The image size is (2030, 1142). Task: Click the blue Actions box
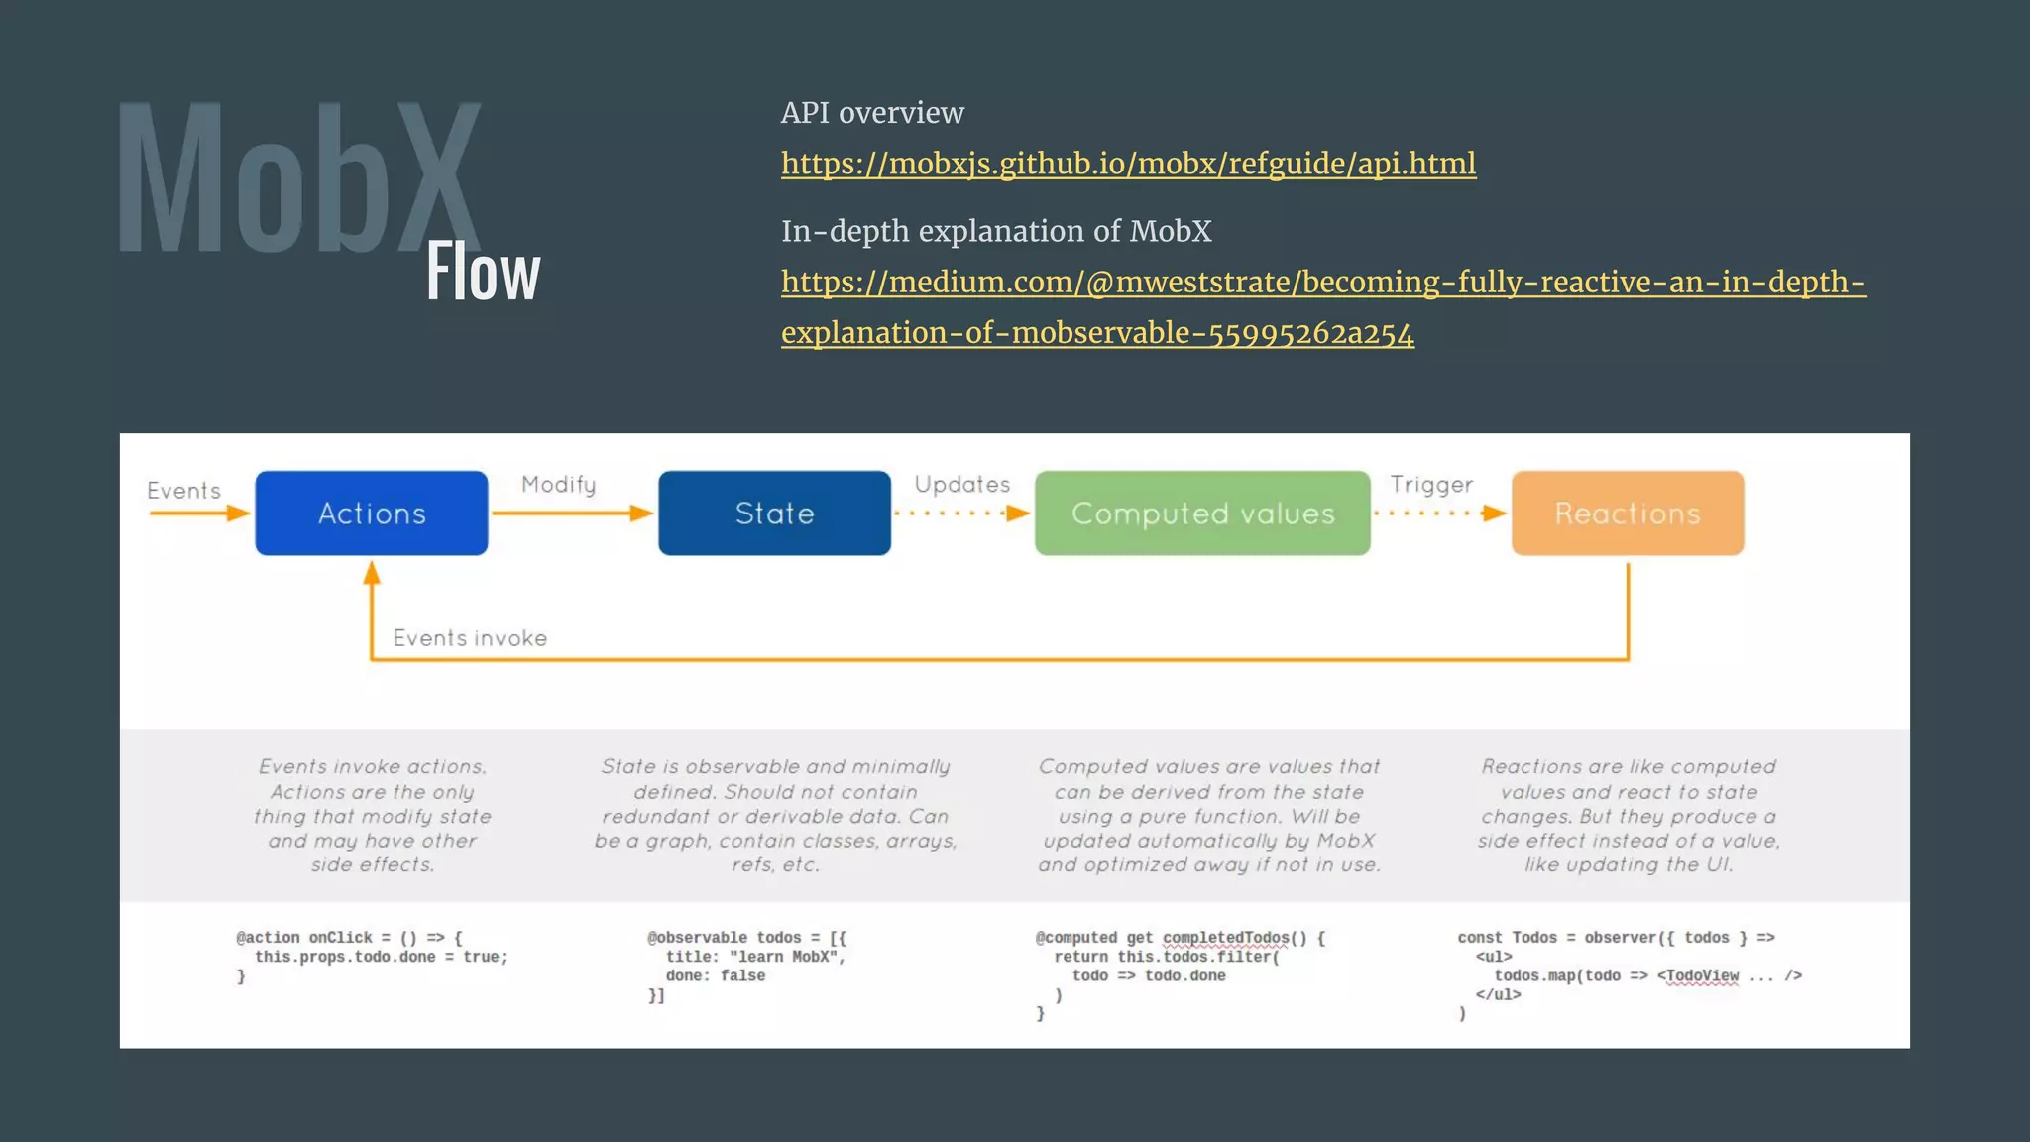(x=372, y=514)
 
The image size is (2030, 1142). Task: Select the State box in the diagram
(x=774, y=514)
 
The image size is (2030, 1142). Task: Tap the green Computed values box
(x=1202, y=514)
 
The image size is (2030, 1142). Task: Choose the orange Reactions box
(x=1628, y=514)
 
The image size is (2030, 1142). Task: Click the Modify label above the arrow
(x=559, y=485)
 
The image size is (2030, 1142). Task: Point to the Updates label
(x=961, y=485)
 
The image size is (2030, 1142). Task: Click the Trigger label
(x=1431, y=485)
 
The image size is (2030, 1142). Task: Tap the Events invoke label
(x=470, y=638)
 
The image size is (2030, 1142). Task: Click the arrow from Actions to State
(x=572, y=514)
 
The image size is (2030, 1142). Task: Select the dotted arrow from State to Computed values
(x=961, y=514)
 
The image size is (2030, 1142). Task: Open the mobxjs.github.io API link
(x=1128, y=164)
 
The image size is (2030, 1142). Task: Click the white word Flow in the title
(x=484, y=273)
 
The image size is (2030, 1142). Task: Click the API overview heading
(x=872, y=113)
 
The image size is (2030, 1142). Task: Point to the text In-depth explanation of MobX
(x=996, y=231)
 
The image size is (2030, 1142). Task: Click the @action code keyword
(x=268, y=938)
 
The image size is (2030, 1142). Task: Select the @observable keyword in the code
(x=698, y=938)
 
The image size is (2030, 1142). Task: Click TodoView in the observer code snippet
(x=1702, y=976)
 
